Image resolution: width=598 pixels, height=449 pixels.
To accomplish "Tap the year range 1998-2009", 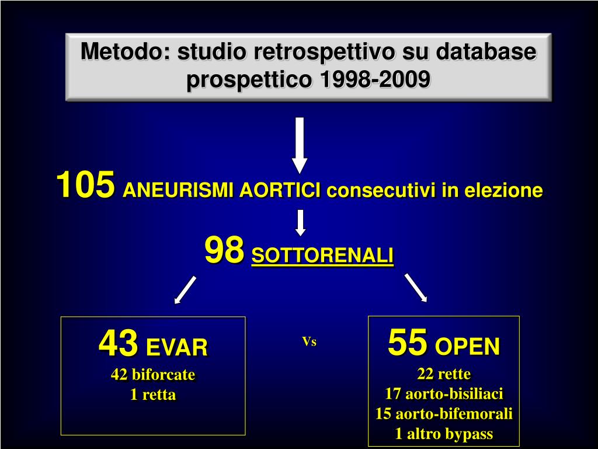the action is click(376, 80).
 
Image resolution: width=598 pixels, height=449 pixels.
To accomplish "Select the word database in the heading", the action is click(486, 51).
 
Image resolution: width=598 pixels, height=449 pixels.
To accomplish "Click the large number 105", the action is click(85, 184).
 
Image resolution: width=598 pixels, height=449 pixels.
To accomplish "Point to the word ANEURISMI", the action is click(178, 190).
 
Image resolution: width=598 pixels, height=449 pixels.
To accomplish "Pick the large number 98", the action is click(224, 250).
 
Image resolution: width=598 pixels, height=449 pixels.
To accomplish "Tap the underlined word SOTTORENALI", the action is click(322, 255).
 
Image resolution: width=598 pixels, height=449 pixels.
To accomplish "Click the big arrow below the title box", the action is click(300, 145).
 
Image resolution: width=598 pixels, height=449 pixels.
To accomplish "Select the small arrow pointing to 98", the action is click(301, 223).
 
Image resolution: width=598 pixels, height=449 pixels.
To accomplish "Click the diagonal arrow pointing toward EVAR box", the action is click(185, 290).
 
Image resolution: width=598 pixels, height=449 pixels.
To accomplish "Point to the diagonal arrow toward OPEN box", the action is click(416, 288).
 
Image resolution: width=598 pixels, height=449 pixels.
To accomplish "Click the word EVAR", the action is click(177, 347).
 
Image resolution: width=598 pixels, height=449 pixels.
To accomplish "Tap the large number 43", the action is click(118, 343).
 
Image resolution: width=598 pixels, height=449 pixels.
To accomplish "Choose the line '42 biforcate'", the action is click(153, 375).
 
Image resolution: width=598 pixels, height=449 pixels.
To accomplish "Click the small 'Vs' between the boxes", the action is click(310, 341).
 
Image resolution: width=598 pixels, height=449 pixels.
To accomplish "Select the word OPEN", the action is click(467, 346).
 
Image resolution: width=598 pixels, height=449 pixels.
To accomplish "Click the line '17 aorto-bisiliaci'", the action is click(444, 393).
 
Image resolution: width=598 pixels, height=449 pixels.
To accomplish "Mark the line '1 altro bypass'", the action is click(444, 434).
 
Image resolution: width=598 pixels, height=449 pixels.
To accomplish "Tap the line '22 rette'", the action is click(444, 374).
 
